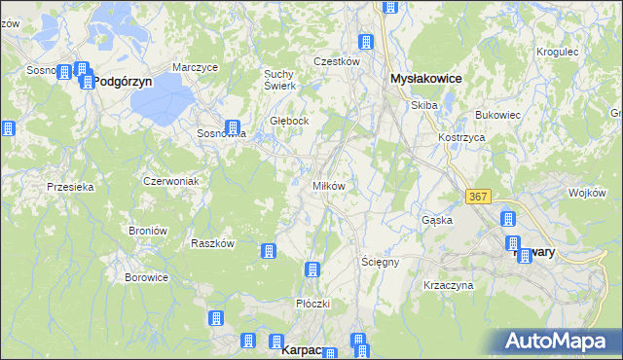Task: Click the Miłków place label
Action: [328, 186]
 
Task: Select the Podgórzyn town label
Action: [123, 83]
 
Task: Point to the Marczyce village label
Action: [194, 67]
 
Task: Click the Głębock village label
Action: [289, 122]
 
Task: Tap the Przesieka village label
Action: [70, 187]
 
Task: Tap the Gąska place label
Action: [437, 220]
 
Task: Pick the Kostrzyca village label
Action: [461, 138]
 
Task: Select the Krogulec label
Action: [558, 52]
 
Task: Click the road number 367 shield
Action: [477, 197]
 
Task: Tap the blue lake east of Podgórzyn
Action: [166, 95]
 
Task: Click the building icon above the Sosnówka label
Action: [233, 127]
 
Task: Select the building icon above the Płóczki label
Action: [312, 270]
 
